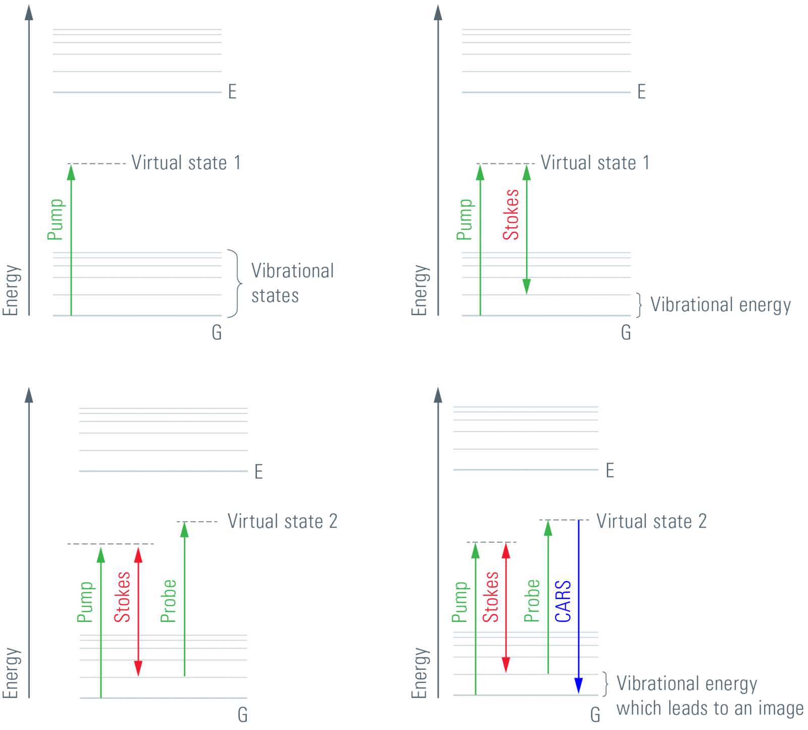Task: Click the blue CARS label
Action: [563, 601]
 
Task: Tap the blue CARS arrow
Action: [579, 606]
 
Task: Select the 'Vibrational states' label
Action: [292, 283]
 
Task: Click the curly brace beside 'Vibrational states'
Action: [235, 283]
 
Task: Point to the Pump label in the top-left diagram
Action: [56, 219]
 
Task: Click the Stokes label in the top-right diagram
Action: [511, 214]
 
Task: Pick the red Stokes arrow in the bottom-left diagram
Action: [138, 611]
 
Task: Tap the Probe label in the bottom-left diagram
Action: [168, 601]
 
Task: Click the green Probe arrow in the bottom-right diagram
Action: [548, 596]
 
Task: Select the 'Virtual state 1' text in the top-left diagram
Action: [186, 163]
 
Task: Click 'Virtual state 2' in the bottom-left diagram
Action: [282, 521]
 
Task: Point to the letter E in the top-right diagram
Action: [641, 92]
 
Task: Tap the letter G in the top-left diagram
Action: [217, 332]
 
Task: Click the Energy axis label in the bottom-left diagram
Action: [11, 673]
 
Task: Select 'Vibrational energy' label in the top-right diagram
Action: [720, 305]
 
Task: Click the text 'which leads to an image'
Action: [710, 708]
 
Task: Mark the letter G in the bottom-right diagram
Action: [595, 714]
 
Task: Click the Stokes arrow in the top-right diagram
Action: [527, 230]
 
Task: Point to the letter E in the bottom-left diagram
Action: [259, 471]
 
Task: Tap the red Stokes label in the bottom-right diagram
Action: [491, 597]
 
